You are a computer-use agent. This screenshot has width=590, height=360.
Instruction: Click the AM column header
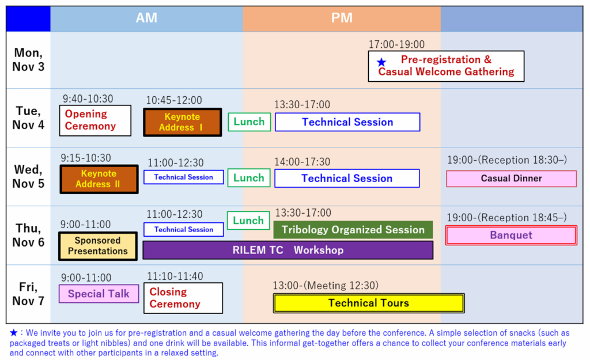pyautogui.click(x=146, y=18)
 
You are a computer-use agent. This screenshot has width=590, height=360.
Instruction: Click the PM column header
pyautogui.click(x=342, y=18)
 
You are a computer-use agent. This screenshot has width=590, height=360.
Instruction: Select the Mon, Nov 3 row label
pyautogui.click(x=28, y=60)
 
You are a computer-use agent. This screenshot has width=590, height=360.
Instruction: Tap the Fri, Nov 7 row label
pyautogui.click(x=28, y=294)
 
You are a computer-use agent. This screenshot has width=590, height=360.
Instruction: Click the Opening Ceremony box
pyautogui.click(x=95, y=120)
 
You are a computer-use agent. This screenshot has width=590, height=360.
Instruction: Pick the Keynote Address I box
pyautogui.click(x=183, y=122)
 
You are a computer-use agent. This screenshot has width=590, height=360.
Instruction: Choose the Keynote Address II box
pyautogui.click(x=99, y=179)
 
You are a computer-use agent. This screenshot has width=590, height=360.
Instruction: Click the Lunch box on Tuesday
pyautogui.click(x=249, y=122)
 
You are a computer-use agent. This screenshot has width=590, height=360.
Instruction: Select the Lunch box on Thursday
pyautogui.click(x=248, y=221)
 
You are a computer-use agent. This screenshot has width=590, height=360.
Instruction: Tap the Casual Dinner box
pyautogui.click(x=512, y=179)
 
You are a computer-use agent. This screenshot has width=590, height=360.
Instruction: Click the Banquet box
pyautogui.click(x=511, y=235)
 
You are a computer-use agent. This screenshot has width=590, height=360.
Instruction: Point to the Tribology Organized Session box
pyautogui.click(x=353, y=230)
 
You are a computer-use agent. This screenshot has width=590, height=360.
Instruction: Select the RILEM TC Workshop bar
pyautogui.click(x=288, y=250)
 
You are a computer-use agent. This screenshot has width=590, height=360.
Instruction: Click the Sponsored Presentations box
pyautogui.click(x=98, y=246)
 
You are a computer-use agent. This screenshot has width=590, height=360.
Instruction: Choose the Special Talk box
pyautogui.click(x=99, y=294)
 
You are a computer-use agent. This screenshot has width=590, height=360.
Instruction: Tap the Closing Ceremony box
pyautogui.click(x=183, y=298)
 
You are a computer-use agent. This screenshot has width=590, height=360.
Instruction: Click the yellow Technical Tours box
pyautogui.click(x=369, y=303)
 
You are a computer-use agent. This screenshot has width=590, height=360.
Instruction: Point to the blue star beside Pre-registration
pyautogui.click(x=381, y=62)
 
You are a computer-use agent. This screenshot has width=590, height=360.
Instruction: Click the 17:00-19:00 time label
pyautogui.click(x=396, y=44)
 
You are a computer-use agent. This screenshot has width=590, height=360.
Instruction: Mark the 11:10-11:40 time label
pyautogui.click(x=175, y=276)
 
